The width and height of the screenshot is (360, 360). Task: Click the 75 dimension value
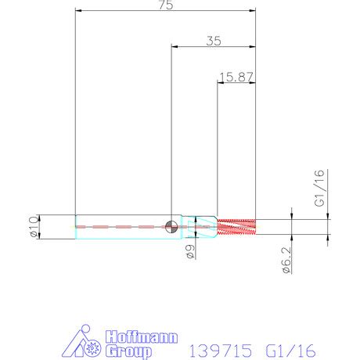click(165, 5)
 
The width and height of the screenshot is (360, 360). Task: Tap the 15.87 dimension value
click(236, 77)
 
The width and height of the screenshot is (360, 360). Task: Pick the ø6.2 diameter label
click(287, 259)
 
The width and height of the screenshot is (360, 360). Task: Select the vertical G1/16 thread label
click(319, 189)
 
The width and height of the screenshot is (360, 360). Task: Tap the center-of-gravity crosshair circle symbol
click(171, 226)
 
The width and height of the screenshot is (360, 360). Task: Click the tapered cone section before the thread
click(206, 226)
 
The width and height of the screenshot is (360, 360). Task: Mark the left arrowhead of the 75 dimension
click(78, 12)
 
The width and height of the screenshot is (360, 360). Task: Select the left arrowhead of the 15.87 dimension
click(218, 83)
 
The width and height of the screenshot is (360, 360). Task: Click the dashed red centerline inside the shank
click(117, 227)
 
